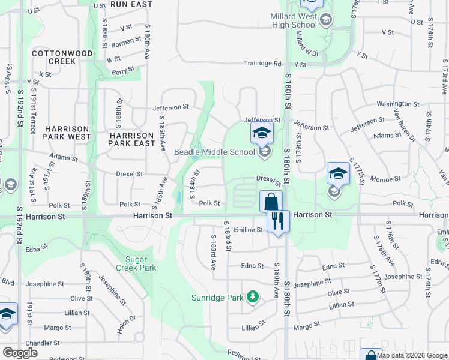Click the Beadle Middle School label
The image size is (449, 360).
point(214,152)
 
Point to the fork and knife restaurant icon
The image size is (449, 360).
point(277,221)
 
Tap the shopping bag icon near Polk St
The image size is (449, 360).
point(271,200)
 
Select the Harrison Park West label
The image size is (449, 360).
point(66,133)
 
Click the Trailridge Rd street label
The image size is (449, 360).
point(262,64)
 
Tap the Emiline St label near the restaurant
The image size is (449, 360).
point(249,230)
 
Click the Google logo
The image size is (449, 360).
point(20,353)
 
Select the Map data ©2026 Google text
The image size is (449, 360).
point(412,355)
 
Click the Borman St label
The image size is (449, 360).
point(125,43)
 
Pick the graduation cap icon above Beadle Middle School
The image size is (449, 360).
point(262,133)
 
